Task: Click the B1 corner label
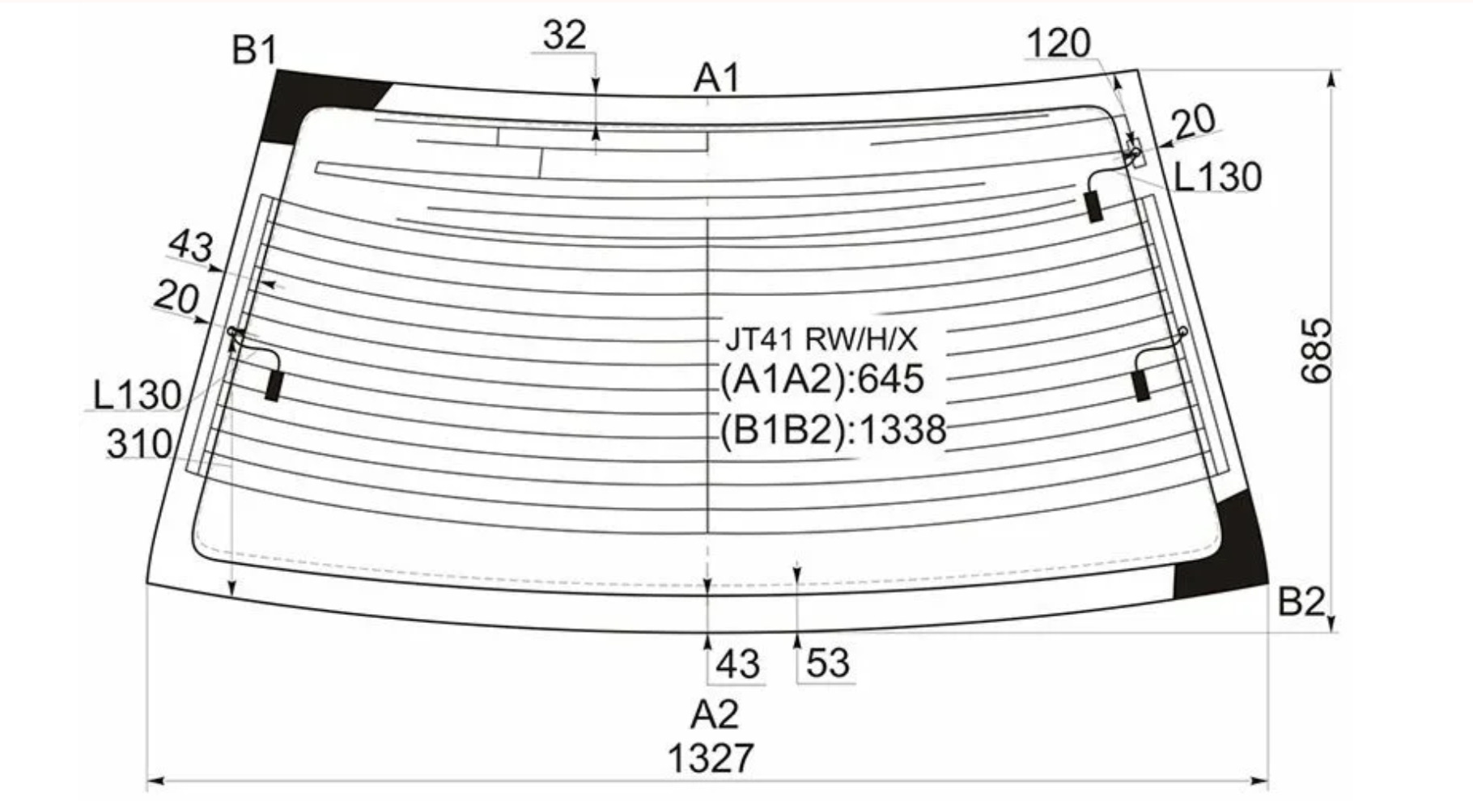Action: pyautogui.click(x=254, y=51)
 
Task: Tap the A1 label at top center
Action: pyautogui.click(x=717, y=79)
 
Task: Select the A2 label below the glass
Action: pyautogui.click(x=715, y=714)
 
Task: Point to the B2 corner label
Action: pyautogui.click(x=1301, y=601)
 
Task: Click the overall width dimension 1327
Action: pyautogui.click(x=711, y=759)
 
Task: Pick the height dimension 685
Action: pyautogui.click(x=1316, y=350)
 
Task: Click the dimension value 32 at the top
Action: pyautogui.click(x=564, y=36)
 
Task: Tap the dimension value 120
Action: pyautogui.click(x=1059, y=43)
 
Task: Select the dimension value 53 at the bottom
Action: pyautogui.click(x=828, y=664)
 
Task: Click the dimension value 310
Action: pyautogui.click(x=139, y=444)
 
